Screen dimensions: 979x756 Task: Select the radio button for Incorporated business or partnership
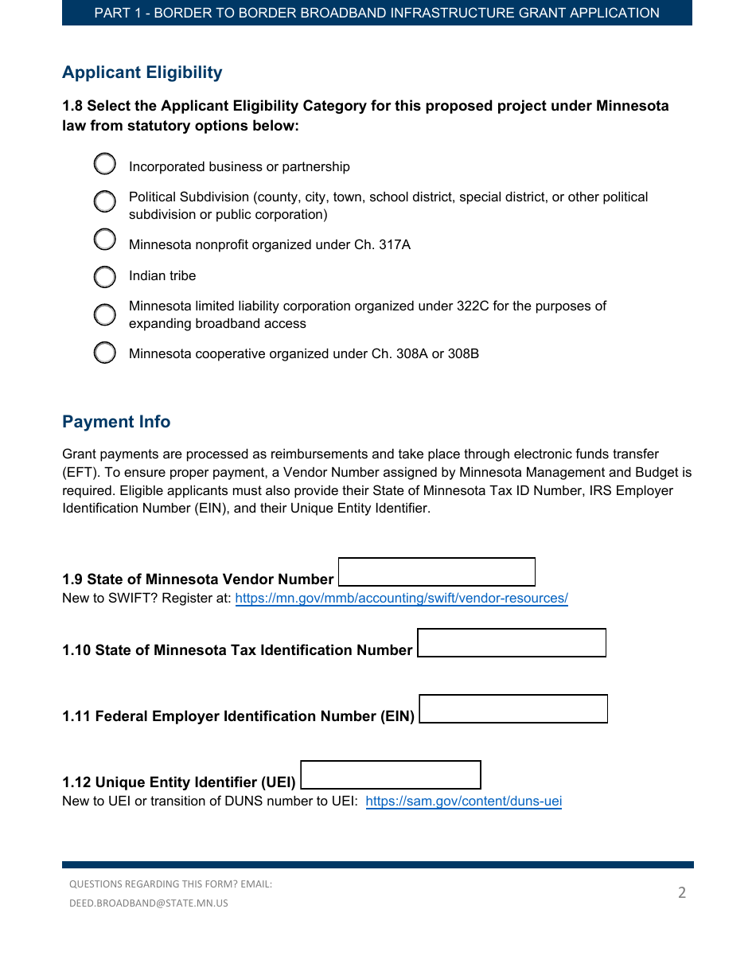click(x=105, y=164)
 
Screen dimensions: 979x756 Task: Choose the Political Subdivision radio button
click(x=105, y=201)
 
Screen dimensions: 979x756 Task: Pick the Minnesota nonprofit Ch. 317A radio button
click(x=105, y=239)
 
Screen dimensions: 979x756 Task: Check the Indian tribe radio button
click(x=105, y=277)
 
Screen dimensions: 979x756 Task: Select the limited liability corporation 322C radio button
click(x=105, y=314)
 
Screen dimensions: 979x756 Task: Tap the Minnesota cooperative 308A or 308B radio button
click(x=105, y=353)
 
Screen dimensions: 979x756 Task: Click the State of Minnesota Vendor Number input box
click(x=437, y=572)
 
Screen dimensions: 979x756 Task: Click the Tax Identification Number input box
click(x=512, y=643)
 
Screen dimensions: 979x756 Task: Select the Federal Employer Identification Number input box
click(x=513, y=709)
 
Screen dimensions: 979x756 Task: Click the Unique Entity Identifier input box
click(x=391, y=775)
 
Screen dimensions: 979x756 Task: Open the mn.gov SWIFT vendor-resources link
click(x=401, y=599)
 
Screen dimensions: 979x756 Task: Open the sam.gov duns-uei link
click(x=463, y=802)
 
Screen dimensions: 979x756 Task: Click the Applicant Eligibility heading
click(x=142, y=72)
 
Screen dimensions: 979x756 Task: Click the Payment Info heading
click(x=116, y=422)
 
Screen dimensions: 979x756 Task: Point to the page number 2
click(x=681, y=892)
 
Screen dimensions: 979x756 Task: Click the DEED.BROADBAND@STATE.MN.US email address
click(x=149, y=903)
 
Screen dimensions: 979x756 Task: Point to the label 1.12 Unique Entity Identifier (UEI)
click(x=179, y=782)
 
